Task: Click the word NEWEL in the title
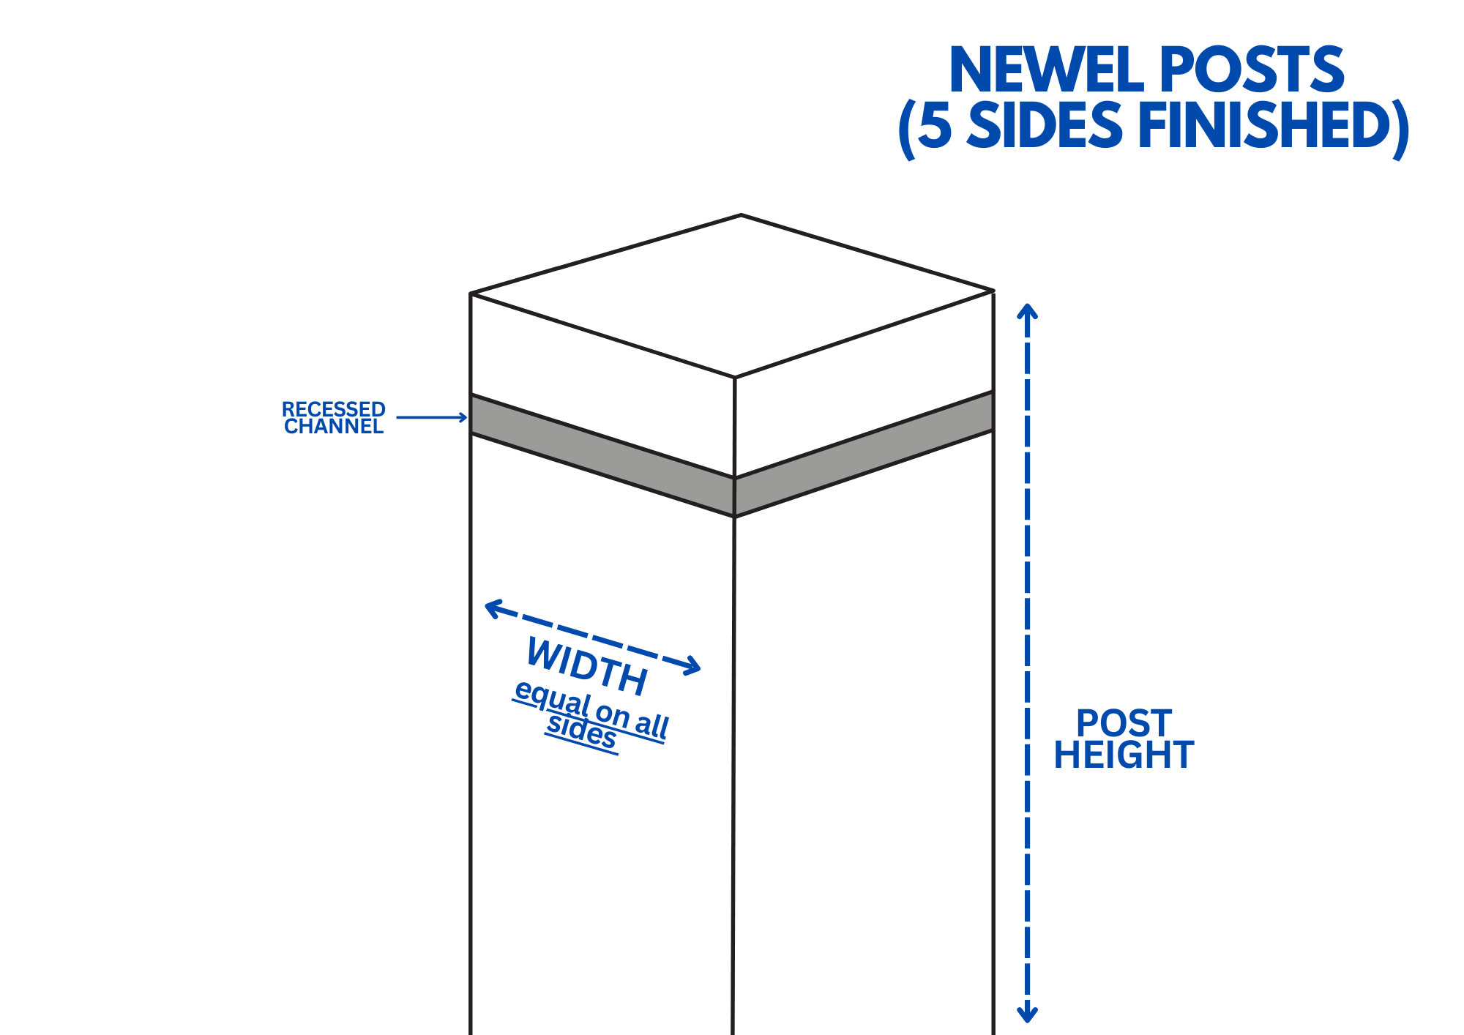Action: tap(1048, 70)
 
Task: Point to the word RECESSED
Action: tap(333, 409)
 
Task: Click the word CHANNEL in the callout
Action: tap(333, 427)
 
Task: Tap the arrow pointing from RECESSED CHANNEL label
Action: tap(432, 417)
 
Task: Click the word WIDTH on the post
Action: tap(586, 666)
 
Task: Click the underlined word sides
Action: tap(582, 732)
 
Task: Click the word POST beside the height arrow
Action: tap(1124, 723)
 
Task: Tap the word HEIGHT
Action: tap(1124, 755)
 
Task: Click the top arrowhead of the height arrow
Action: tap(1028, 310)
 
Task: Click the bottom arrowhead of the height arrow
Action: tap(1028, 1015)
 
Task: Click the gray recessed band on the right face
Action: tap(864, 454)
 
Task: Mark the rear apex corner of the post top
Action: tap(741, 215)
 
